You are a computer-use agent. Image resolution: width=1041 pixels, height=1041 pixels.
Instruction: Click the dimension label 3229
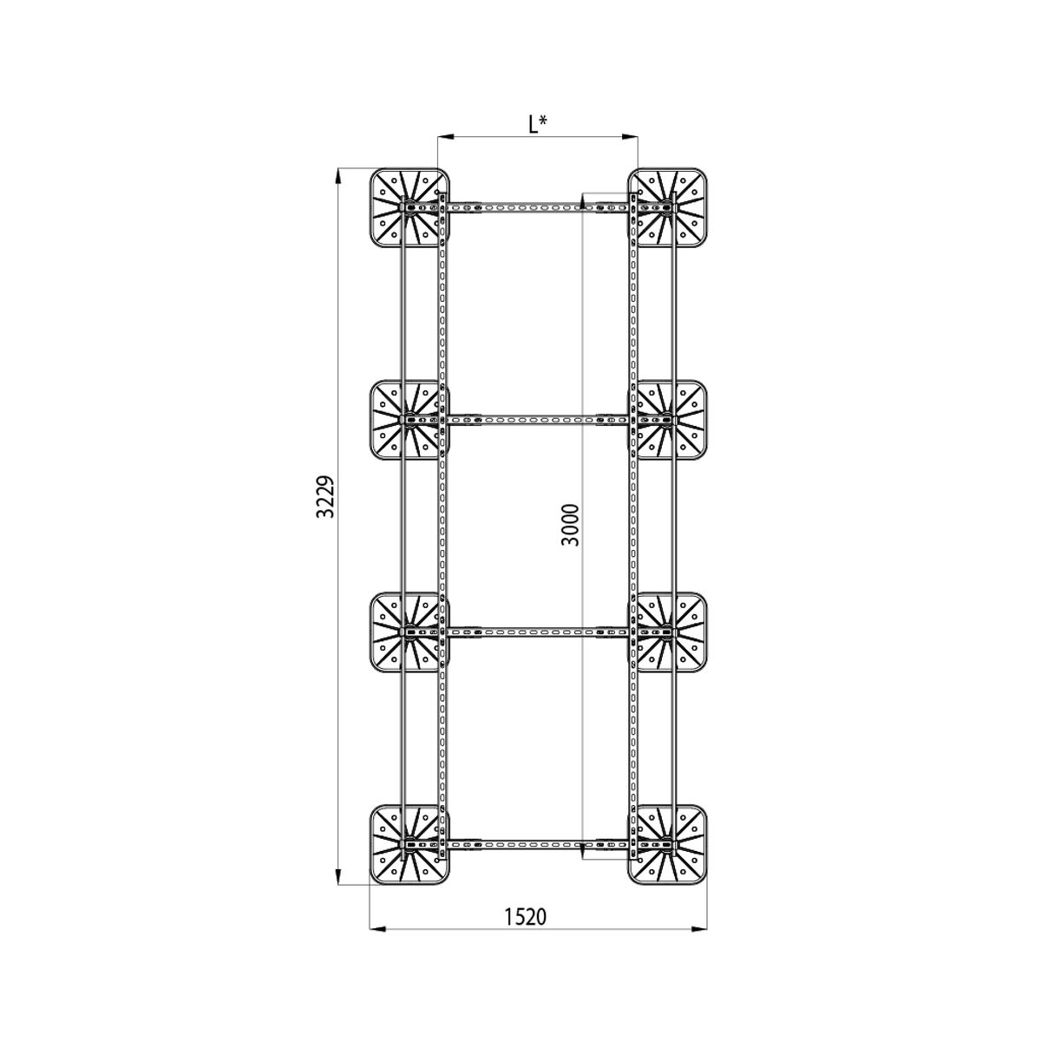click(x=325, y=496)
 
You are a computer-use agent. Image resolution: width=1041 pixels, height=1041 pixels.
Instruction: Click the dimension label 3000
click(x=570, y=525)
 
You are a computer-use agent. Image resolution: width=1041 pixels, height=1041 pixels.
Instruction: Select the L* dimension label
click(x=538, y=125)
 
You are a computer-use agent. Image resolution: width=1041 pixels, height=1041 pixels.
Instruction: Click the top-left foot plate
click(x=409, y=208)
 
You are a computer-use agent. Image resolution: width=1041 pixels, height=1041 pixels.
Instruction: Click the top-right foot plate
click(x=668, y=208)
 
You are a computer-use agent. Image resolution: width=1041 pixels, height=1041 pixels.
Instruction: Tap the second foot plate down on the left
click(x=409, y=420)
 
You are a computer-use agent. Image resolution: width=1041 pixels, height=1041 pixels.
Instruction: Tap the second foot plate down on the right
click(x=668, y=420)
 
